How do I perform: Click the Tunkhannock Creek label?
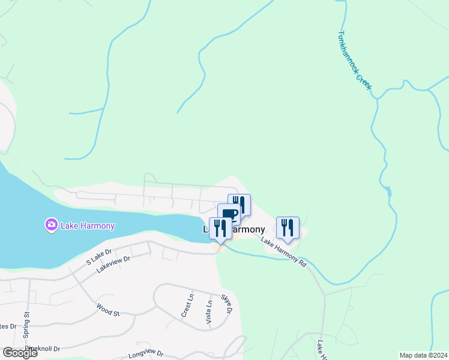coord(355,61)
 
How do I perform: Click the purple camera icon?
coord(51,226)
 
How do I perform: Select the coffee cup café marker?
coord(229,215)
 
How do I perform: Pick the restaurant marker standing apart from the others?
coord(288,227)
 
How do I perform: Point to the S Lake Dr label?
coord(99,256)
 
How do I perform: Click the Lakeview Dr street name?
coord(113,263)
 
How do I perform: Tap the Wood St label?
coord(108,309)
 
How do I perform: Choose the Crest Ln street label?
coord(187,305)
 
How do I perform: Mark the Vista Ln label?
coord(209,311)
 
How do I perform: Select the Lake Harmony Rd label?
coord(283,252)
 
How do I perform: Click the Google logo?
coord(20,353)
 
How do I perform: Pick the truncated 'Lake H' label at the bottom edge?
coord(322,351)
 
